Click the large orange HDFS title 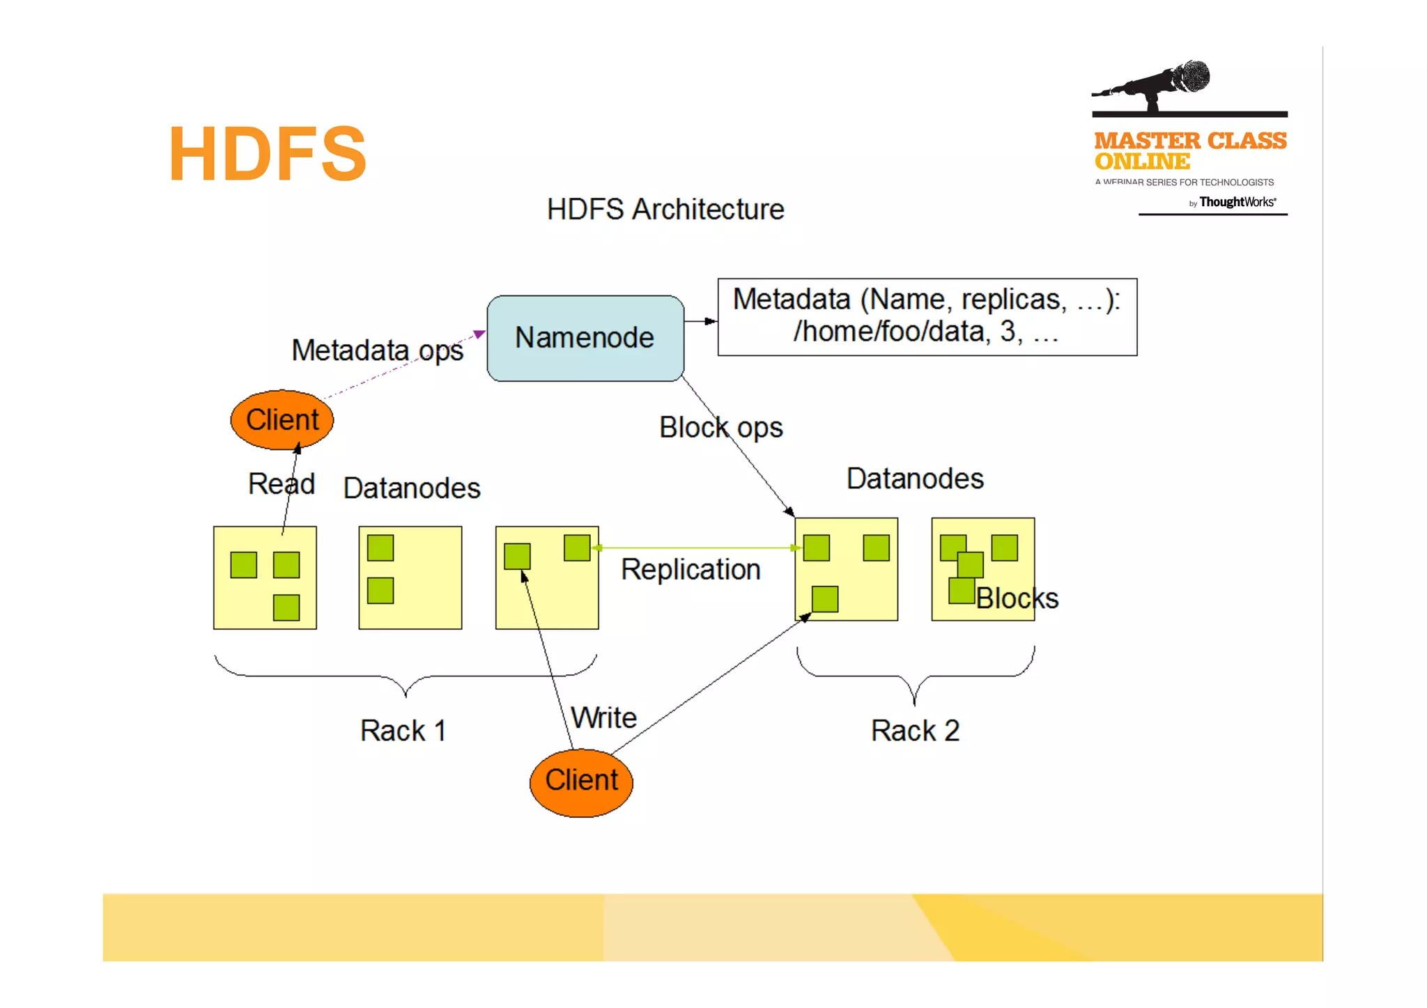268,154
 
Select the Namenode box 585,339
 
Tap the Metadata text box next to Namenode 927,317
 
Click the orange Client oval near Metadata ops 282,420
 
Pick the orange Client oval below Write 581,782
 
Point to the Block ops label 721,428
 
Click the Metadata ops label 377,350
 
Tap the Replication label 691,570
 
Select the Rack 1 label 403,731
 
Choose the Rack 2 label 915,731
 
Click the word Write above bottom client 603,718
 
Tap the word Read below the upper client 281,484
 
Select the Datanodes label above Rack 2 915,479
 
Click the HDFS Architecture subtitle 665,210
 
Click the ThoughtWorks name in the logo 1237,202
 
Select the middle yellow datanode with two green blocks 410,578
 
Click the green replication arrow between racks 697,548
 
